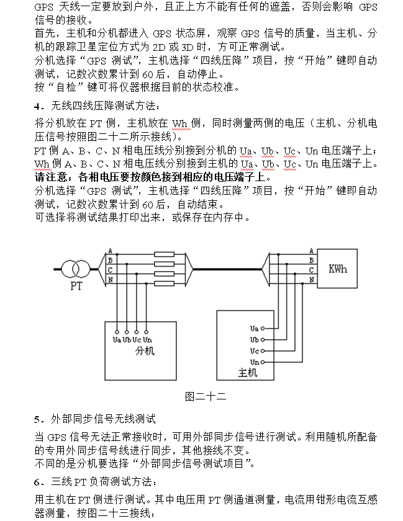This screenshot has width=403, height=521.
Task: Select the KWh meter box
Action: (x=337, y=269)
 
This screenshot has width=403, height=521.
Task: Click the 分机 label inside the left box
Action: (x=144, y=351)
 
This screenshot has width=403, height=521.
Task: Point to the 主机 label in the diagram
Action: (x=247, y=372)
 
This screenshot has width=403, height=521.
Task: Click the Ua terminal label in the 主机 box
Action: (x=254, y=327)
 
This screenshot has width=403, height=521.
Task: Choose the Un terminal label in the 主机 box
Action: (x=254, y=362)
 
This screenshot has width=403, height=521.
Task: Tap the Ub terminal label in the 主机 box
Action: (x=254, y=339)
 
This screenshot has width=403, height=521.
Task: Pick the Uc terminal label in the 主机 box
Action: (x=254, y=350)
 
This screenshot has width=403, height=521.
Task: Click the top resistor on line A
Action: (x=164, y=254)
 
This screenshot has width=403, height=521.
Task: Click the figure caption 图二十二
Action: (x=205, y=396)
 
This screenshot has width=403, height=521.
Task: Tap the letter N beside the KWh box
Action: (x=312, y=280)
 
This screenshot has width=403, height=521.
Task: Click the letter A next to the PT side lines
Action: (x=110, y=251)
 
